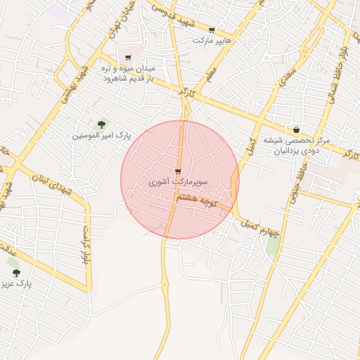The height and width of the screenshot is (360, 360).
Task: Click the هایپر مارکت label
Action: [x=212, y=41]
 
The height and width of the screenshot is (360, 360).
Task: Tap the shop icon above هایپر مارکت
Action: [x=212, y=30]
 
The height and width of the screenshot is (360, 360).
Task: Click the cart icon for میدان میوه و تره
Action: [x=127, y=57]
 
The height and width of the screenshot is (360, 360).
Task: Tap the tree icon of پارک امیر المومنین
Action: [x=102, y=124]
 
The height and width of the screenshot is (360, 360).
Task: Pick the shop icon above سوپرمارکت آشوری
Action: [x=178, y=172]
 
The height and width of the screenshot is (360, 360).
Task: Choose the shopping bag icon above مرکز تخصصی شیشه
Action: [x=297, y=129]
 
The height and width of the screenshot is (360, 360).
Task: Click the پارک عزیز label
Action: [x=16, y=285]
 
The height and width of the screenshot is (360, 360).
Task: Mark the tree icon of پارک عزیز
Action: [x=16, y=273]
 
